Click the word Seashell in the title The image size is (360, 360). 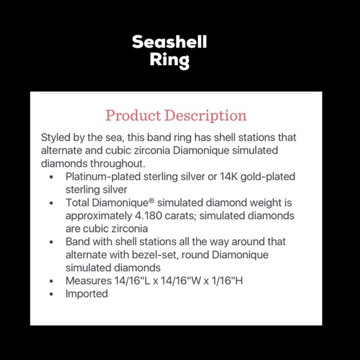[169, 42]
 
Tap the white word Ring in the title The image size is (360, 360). [169, 61]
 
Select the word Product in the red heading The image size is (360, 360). [133, 115]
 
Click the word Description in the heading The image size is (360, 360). [204, 115]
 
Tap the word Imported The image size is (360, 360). [87, 294]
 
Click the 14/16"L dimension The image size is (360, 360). [133, 281]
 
